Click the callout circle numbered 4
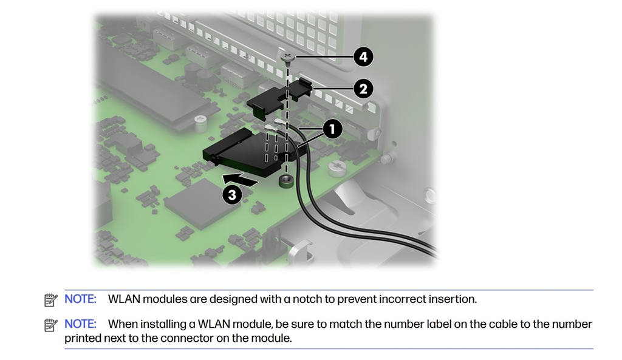pyautogui.click(x=363, y=57)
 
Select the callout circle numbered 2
pyautogui.click(x=363, y=89)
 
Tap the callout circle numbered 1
pyautogui.click(x=332, y=129)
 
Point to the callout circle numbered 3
pyautogui.click(x=232, y=195)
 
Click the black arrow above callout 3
pyautogui.click(x=240, y=179)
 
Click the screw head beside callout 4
pyautogui.click(x=287, y=56)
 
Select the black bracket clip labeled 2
pyautogui.click(x=279, y=99)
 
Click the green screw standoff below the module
pyautogui.click(x=286, y=182)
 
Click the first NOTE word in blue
pyautogui.click(x=81, y=299)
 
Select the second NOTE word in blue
pyautogui.click(x=81, y=324)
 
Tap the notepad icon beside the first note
pyautogui.click(x=51, y=300)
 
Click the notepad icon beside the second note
pyautogui.click(x=51, y=325)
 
